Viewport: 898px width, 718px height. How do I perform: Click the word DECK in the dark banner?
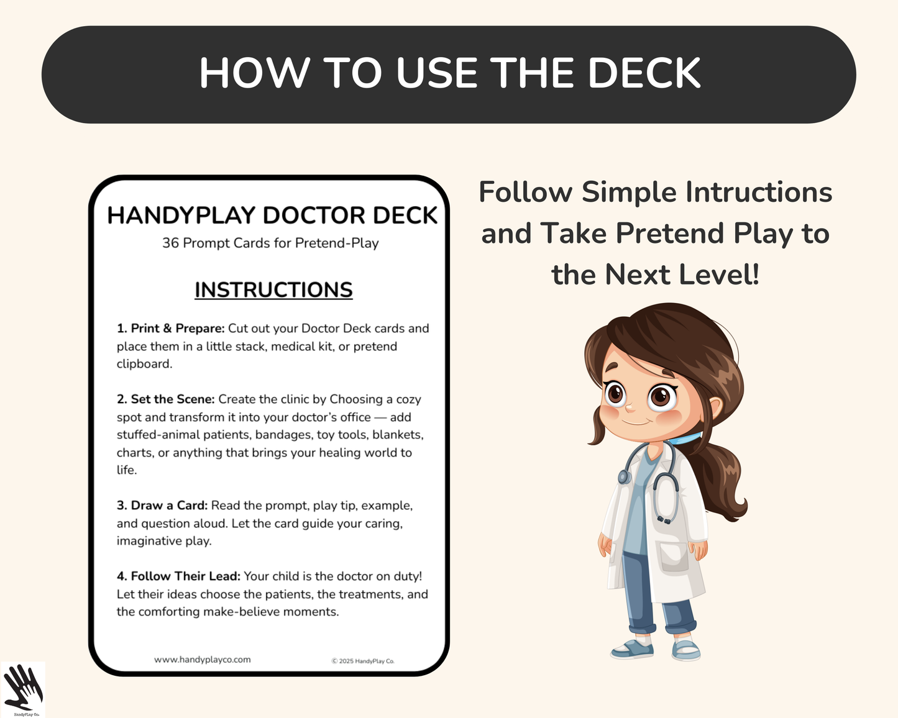(x=644, y=73)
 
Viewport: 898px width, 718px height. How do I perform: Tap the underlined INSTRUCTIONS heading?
(x=273, y=290)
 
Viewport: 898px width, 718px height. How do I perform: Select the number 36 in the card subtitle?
(x=170, y=243)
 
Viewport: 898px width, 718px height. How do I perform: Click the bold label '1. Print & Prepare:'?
(x=171, y=328)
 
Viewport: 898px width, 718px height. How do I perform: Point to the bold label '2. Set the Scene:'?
(x=166, y=399)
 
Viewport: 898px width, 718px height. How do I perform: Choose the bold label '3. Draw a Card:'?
(x=162, y=505)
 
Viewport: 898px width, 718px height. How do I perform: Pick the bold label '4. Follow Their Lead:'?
(x=178, y=576)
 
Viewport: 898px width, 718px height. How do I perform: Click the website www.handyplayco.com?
(x=203, y=660)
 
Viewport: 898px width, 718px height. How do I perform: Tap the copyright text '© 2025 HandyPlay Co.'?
(x=363, y=661)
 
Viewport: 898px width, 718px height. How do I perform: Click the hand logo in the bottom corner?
(x=22, y=688)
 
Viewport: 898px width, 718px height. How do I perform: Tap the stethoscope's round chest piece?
(x=624, y=476)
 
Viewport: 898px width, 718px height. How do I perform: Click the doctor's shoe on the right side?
(x=686, y=650)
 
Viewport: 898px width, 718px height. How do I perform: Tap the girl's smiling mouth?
(x=635, y=422)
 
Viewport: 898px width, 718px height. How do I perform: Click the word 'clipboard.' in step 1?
(x=144, y=364)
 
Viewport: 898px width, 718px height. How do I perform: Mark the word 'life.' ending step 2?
(x=127, y=470)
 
